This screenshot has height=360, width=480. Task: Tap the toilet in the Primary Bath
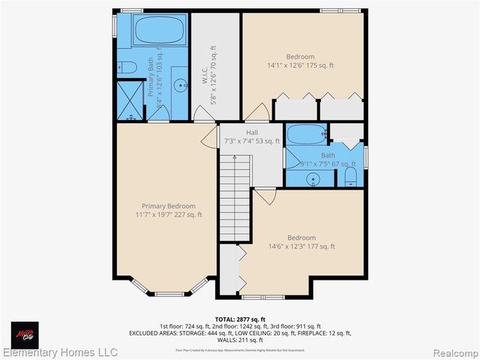click(x=127, y=68)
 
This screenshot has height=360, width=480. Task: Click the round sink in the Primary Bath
click(x=180, y=86)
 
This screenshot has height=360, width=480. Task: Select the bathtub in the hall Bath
click(x=306, y=135)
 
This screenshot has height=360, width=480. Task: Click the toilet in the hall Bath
click(x=350, y=178)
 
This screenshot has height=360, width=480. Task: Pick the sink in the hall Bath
click(x=313, y=179)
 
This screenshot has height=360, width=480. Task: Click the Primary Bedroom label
click(x=169, y=206)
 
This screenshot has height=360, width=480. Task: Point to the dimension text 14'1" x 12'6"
click(x=300, y=65)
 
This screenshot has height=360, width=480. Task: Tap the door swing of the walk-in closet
click(x=203, y=114)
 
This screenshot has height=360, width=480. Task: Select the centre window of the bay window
click(x=169, y=293)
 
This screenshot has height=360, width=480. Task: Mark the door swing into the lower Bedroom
click(x=265, y=196)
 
